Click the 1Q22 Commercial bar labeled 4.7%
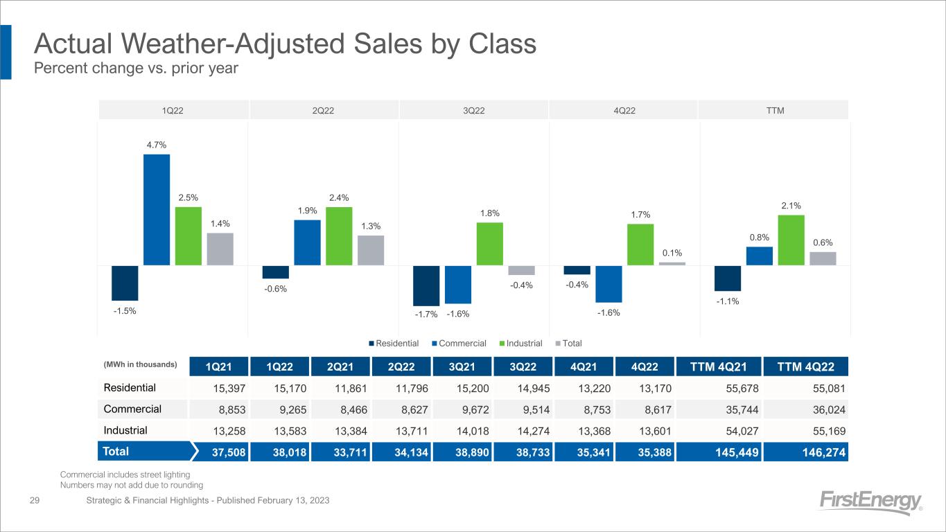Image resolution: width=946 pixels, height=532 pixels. click(x=157, y=209)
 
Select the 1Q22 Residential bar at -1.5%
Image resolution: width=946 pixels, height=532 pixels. click(x=125, y=283)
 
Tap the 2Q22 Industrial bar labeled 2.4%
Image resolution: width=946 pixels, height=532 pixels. click(x=339, y=236)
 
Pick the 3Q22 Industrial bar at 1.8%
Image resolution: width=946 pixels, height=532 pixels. click(x=489, y=243)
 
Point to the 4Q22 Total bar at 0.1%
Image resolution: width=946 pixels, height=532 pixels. click(x=672, y=263)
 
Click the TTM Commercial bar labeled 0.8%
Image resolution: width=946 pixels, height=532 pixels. click(x=759, y=256)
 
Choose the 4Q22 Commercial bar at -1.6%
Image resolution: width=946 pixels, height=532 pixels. click(x=608, y=284)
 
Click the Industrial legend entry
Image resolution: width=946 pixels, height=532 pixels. click(x=524, y=343)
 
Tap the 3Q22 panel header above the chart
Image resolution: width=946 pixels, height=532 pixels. click(x=474, y=109)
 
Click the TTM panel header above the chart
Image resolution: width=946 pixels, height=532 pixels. click(x=774, y=109)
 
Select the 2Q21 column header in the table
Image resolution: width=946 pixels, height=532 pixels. click(x=340, y=366)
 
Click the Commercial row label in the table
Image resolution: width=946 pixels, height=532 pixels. click(x=132, y=409)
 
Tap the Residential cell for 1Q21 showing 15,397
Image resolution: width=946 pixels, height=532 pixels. click(x=219, y=388)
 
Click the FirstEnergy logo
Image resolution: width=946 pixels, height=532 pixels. click(x=871, y=502)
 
